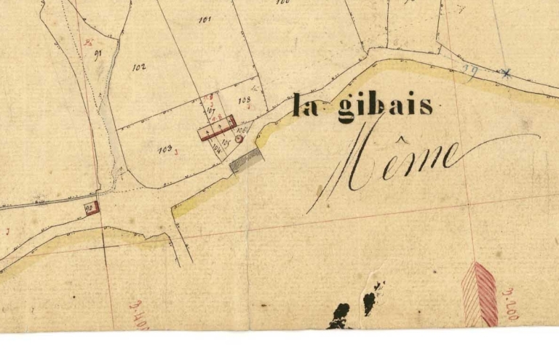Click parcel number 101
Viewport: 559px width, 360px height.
click(x=205, y=20)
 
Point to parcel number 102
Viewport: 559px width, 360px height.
click(x=139, y=67)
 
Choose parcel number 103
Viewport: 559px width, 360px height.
click(x=164, y=150)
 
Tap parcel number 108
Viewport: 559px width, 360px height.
click(x=244, y=99)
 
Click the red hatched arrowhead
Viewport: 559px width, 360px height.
click(x=480, y=294)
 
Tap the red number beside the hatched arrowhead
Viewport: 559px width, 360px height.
click(x=510, y=304)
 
